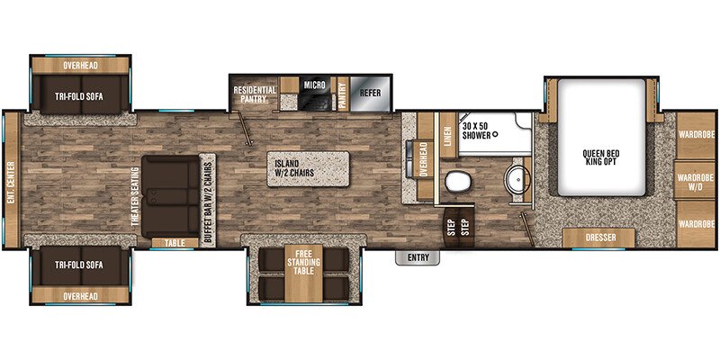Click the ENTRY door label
point(417,258)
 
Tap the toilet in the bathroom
point(457,181)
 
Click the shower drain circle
point(494,133)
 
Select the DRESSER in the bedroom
point(599,238)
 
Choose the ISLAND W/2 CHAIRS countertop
point(307,168)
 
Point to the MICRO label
point(313,85)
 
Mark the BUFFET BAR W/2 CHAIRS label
point(206,193)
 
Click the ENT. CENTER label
point(11,183)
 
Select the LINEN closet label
point(447,135)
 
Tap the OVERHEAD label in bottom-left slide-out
point(80,294)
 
